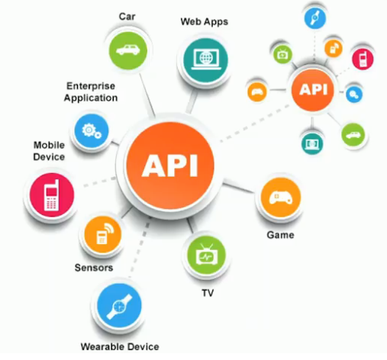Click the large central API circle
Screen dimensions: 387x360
(170, 166)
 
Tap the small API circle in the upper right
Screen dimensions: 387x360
(313, 89)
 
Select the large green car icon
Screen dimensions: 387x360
(128, 50)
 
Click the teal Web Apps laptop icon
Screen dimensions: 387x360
(205, 60)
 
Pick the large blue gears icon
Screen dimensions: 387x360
(92, 130)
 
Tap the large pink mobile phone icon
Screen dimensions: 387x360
(52, 194)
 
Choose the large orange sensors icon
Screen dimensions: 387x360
(103, 234)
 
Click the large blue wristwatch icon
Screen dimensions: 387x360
(119, 306)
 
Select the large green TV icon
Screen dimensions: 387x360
(206, 255)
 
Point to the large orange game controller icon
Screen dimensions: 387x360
(281, 198)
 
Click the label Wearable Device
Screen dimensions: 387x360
(120, 347)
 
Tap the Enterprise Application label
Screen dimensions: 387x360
(91, 92)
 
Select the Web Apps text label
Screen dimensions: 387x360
(205, 22)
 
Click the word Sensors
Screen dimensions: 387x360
(94, 268)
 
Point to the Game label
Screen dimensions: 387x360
(280, 235)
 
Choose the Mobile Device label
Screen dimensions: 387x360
(49, 151)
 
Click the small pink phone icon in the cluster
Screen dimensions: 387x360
(363, 59)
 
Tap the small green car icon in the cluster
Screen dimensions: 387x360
(353, 135)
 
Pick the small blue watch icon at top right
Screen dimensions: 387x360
(315, 18)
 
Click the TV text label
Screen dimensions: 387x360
(208, 293)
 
